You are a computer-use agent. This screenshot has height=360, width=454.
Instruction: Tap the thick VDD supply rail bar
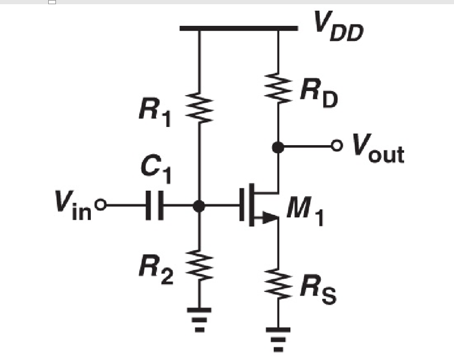tap(238, 28)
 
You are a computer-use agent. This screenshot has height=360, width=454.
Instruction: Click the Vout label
tap(378, 150)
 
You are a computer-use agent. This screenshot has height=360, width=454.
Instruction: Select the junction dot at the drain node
tap(278, 146)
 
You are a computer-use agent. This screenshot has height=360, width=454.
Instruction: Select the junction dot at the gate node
tap(199, 206)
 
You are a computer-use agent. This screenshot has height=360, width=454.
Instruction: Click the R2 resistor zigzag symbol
tap(199, 265)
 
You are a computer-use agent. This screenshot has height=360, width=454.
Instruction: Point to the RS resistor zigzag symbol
tap(278, 282)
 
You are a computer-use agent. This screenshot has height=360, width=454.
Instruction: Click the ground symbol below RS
tap(278, 337)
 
